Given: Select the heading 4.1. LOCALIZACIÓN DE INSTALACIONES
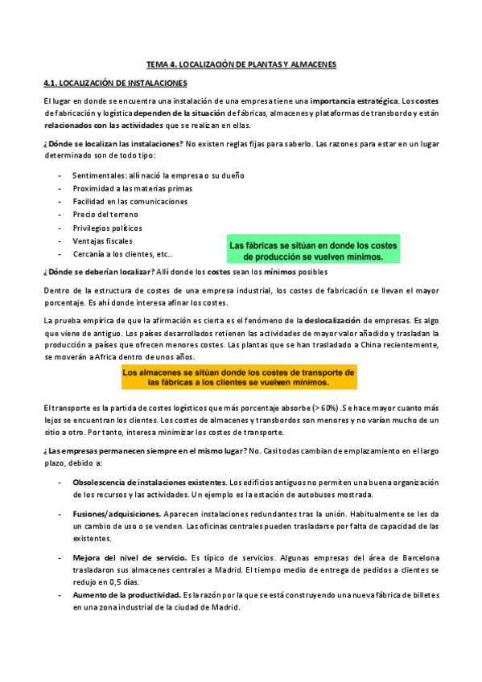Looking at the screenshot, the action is [x=115, y=83].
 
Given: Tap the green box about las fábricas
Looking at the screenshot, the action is [x=313, y=252].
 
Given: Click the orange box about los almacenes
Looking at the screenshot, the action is [x=237, y=378].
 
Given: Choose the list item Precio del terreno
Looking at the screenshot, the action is [x=105, y=215].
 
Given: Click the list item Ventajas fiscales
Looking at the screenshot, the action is [x=102, y=240].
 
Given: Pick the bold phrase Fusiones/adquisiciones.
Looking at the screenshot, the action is [x=116, y=513].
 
